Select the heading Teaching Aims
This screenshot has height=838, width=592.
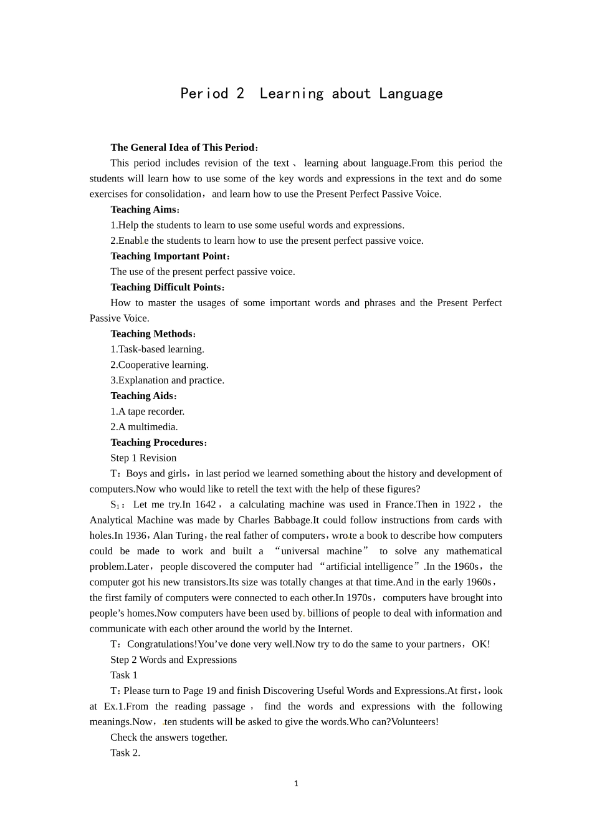(143, 209)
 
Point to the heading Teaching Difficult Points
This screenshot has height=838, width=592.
(166, 287)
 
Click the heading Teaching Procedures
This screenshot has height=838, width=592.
(157, 443)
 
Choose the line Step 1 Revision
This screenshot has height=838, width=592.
(143, 458)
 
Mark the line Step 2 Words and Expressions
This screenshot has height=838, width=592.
(173, 660)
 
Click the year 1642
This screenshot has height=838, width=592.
(205, 504)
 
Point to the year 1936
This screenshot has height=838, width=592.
(136, 536)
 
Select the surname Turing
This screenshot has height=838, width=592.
(189, 536)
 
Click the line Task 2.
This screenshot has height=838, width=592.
(125, 753)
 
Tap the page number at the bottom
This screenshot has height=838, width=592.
(296, 784)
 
